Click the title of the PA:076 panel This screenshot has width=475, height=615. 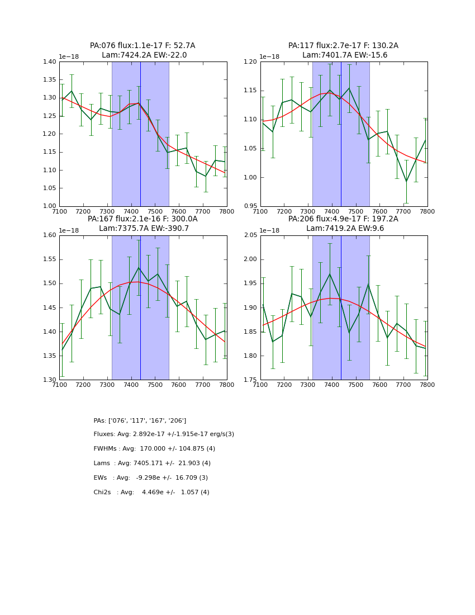(142, 46)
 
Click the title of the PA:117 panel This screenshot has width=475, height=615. (343, 46)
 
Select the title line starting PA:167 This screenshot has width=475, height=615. (142, 219)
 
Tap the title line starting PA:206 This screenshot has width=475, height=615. (343, 219)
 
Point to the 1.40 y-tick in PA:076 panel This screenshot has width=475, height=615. (50, 62)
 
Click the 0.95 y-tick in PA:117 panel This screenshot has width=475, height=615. (250, 206)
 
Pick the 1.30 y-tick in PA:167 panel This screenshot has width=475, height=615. (50, 380)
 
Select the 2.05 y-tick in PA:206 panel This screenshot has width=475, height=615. (250, 235)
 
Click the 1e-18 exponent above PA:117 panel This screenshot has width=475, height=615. (270, 56)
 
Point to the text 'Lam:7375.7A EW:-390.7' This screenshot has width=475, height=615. (144, 229)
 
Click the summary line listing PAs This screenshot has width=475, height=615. (140, 420)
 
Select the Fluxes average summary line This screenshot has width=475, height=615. (164, 434)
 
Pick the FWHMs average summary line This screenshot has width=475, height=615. (154, 449)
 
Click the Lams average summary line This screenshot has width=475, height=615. (152, 463)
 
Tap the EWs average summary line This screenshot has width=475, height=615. (150, 478)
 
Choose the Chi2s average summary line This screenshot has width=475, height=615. (151, 493)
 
